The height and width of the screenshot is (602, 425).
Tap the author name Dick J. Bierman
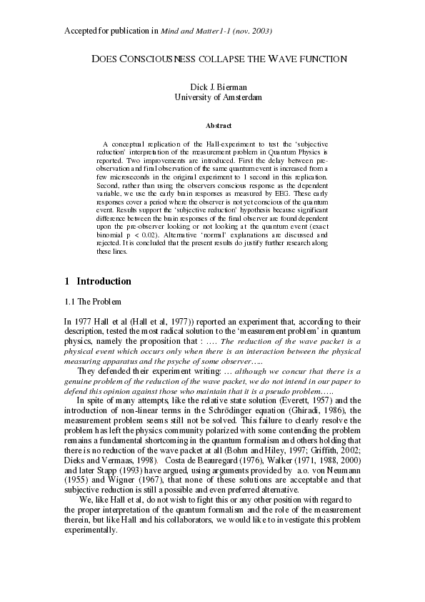[218, 87]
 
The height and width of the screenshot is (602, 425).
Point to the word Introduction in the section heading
[104, 282]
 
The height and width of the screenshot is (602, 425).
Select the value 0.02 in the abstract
[172, 235]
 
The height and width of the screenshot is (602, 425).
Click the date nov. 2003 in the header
[251, 31]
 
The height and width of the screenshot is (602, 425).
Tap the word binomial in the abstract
[114, 235]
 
